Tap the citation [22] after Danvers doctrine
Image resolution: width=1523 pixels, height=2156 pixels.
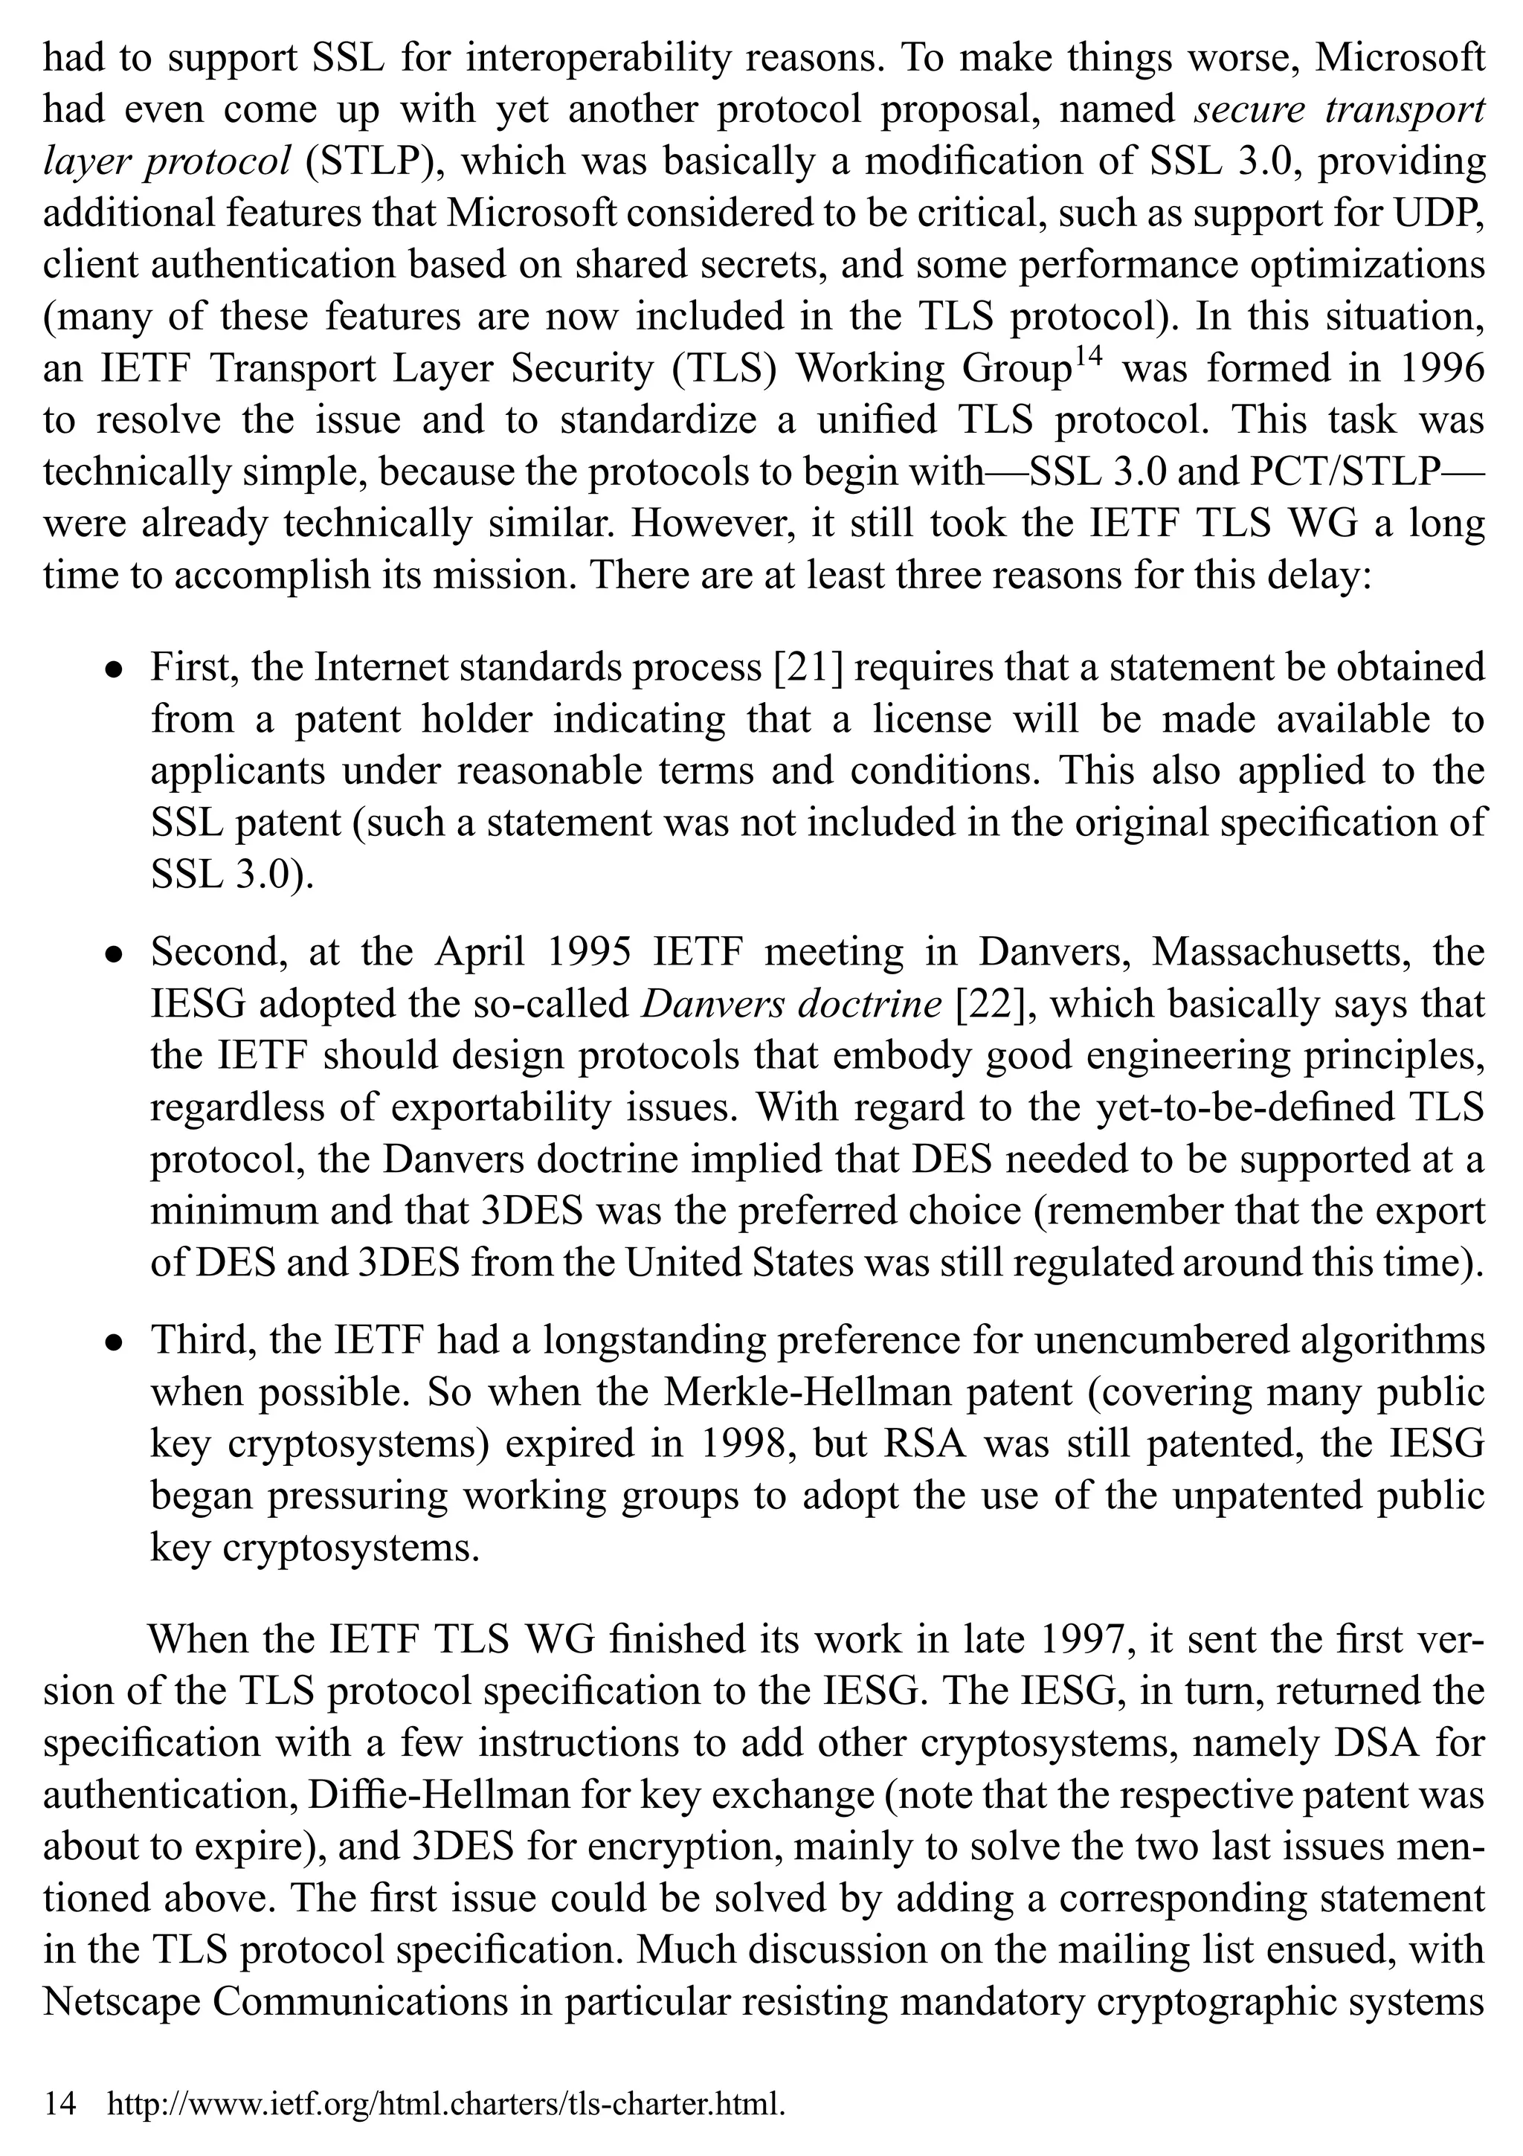pyautogui.click(x=994, y=1004)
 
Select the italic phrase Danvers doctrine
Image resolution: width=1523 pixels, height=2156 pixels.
pyautogui.click(x=791, y=1004)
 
